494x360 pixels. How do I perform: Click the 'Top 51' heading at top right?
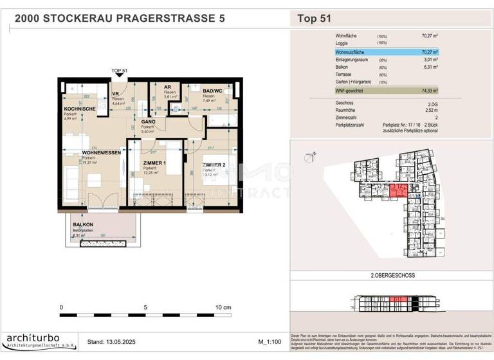(x=315, y=19)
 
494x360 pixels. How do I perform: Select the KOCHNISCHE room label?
(x=80, y=110)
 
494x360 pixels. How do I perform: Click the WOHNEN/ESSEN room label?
(x=100, y=153)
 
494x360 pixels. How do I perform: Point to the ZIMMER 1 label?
(x=154, y=164)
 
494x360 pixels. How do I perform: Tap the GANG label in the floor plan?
(x=148, y=121)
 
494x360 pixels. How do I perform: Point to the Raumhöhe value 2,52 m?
(x=430, y=110)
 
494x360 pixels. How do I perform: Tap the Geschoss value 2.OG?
(x=431, y=102)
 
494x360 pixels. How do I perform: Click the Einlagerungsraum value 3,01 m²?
(x=430, y=59)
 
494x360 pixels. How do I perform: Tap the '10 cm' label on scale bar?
(x=223, y=307)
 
